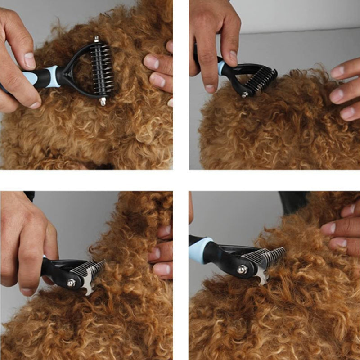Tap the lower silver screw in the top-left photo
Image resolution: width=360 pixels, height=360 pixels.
103,101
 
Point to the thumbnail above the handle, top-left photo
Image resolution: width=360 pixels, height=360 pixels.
30,61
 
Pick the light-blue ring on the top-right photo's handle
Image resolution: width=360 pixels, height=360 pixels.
222,68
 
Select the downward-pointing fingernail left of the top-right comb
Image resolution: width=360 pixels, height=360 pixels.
210,89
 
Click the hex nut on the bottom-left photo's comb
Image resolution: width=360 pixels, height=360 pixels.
71,283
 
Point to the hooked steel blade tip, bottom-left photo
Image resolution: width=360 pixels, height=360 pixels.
89,291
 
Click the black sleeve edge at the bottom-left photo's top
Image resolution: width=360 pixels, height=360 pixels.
29,196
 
